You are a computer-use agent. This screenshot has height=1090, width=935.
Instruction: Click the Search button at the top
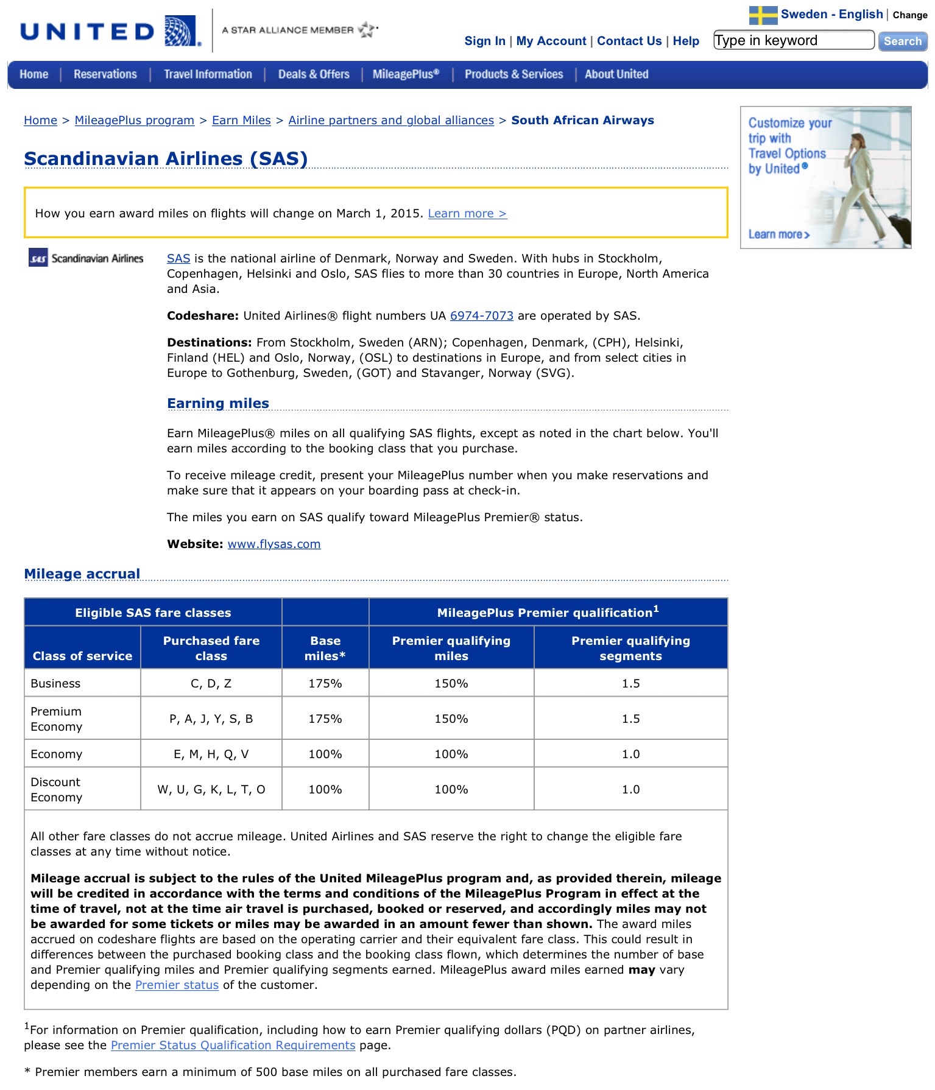point(902,41)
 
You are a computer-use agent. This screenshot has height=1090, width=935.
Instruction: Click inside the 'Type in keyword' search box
point(793,41)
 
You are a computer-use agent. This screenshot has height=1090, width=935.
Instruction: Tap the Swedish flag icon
point(763,15)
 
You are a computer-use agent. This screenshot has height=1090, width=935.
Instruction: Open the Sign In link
point(484,41)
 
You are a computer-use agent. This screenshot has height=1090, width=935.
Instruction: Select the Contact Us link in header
point(629,41)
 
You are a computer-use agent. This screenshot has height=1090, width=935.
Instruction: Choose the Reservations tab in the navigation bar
point(105,74)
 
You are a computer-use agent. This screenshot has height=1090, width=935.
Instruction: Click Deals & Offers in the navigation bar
point(314,74)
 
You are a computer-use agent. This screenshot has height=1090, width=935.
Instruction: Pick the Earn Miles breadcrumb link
point(241,121)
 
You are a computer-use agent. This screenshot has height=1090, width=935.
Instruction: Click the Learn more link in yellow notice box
point(467,214)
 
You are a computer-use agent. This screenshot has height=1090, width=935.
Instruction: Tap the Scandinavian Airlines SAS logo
point(86,258)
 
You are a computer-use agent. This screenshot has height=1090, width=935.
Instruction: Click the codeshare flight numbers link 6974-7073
point(481,316)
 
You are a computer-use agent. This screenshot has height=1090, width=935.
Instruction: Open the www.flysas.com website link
point(274,544)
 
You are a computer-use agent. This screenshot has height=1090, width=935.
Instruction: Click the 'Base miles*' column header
point(325,649)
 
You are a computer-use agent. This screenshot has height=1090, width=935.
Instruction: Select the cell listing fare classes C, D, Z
point(211,684)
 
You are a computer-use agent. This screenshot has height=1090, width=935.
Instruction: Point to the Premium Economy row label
point(56,719)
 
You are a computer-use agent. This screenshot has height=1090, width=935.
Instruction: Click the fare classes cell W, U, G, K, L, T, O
point(211,790)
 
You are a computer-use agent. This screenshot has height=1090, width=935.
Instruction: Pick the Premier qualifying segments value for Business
point(630,684)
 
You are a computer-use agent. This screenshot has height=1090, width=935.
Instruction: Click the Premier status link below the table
point(177,985)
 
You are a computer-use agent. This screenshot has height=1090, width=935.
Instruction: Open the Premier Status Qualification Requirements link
point(233,1046)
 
